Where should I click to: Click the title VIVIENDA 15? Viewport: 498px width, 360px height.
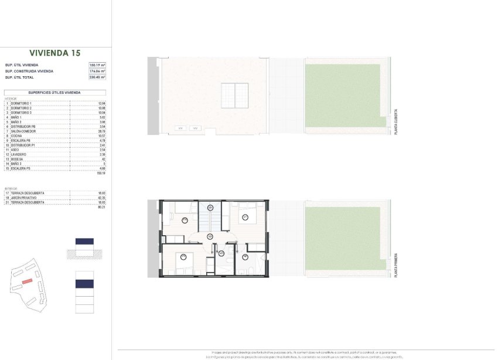point(54,53)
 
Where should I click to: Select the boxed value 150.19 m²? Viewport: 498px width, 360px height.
point(97,65)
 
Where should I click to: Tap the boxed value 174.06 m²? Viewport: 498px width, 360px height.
point(97,71)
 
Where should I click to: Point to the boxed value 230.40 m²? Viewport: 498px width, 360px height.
point(97,77)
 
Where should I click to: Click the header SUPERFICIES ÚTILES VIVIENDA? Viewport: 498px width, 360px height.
point(54,93)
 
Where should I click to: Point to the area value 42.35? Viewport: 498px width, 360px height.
point(101,198)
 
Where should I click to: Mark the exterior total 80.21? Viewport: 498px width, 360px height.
point(101,207)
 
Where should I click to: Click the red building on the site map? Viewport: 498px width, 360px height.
point(27,281)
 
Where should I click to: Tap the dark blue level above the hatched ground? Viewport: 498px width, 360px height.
point(84,241)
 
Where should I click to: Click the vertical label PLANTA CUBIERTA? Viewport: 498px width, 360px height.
point(397,121)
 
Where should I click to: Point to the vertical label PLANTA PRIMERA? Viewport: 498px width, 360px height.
point(397,266)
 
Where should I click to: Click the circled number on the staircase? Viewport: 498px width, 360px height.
point(210,206)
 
